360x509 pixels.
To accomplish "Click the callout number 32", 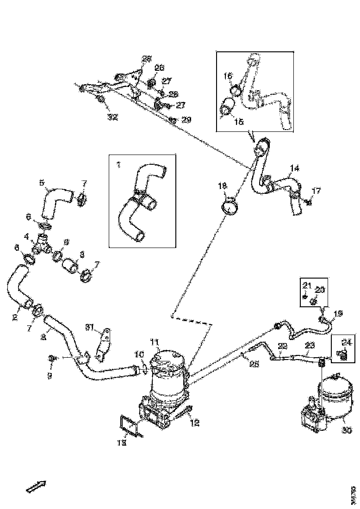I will pyautogui.click(x=112, y=117).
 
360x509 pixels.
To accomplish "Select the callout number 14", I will pyautogui.click(x=295, y=168).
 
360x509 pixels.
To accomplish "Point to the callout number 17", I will pyautogui.click(x=316, y=190).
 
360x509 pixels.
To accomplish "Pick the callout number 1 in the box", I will pyautogui.click(x=118, y=164).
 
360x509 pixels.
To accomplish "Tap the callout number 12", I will pyautogui.click(x=195, y=422).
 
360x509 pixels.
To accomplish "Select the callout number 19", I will pyautogui.click(x=338, y=314).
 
